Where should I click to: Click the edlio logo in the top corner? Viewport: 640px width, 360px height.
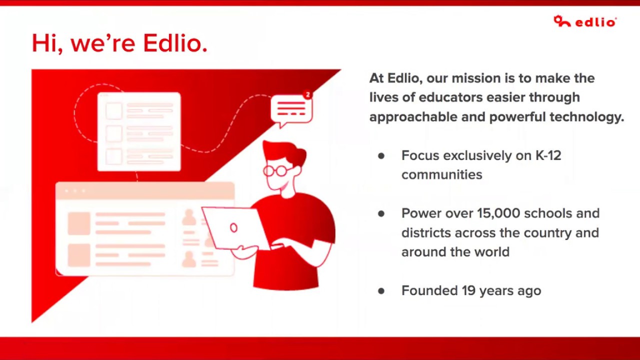coord(585,21)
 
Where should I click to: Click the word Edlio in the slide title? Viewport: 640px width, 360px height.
coord(174,43)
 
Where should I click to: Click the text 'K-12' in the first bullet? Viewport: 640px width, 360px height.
coord(548,155)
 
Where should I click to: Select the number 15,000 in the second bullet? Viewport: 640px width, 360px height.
coord(498,213)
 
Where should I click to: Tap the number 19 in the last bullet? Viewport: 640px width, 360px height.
coord(468,291)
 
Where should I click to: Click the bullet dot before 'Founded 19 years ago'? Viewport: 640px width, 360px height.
coord(381,291)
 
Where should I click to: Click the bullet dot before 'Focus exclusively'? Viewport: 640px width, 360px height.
coord(381,156)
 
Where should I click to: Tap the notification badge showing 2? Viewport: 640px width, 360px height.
coord(307,94)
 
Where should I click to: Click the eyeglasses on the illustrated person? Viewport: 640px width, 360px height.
coord(276,171)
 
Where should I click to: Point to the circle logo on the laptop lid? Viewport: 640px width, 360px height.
coord(233,228)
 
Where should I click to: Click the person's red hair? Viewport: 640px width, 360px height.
coord(287,151)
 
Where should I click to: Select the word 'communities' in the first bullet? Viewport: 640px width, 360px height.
coord(441,175)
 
